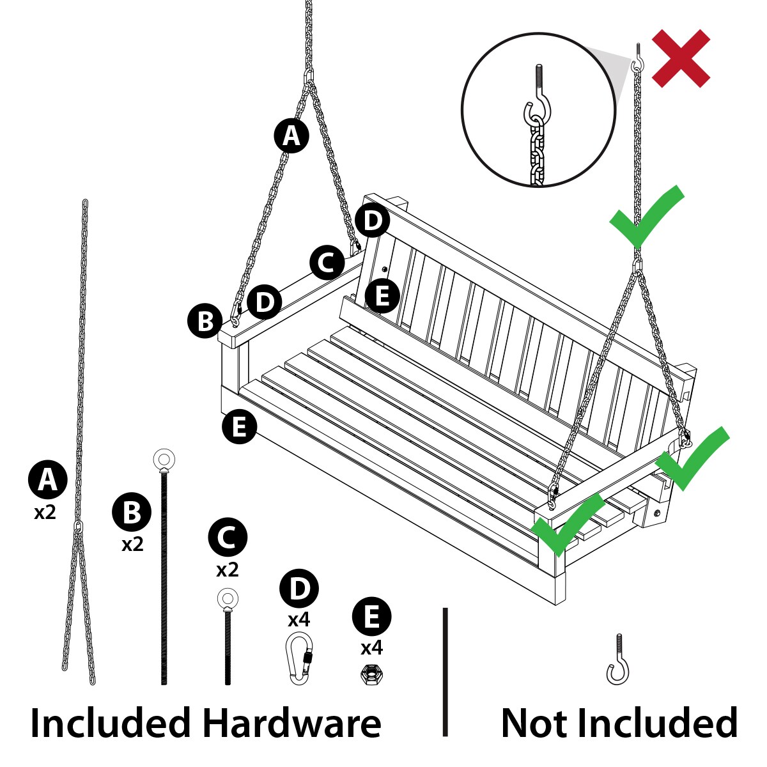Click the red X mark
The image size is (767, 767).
pos(681,58)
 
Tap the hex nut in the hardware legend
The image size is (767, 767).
pos(372,674)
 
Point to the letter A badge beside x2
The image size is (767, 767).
pos(47,480)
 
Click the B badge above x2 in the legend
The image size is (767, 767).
pos(132,512)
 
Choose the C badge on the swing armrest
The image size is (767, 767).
pos(327,263)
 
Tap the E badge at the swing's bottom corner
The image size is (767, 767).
pos(239,427)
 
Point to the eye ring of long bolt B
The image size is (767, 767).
pos(164,460)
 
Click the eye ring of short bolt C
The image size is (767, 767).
pos(228,598)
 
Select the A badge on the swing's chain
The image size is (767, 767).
pos(291,136)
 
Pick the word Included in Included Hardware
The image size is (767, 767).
pos(110,723)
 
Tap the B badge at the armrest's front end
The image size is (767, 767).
pos(205,321)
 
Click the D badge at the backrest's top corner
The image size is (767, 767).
pos(373,221)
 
